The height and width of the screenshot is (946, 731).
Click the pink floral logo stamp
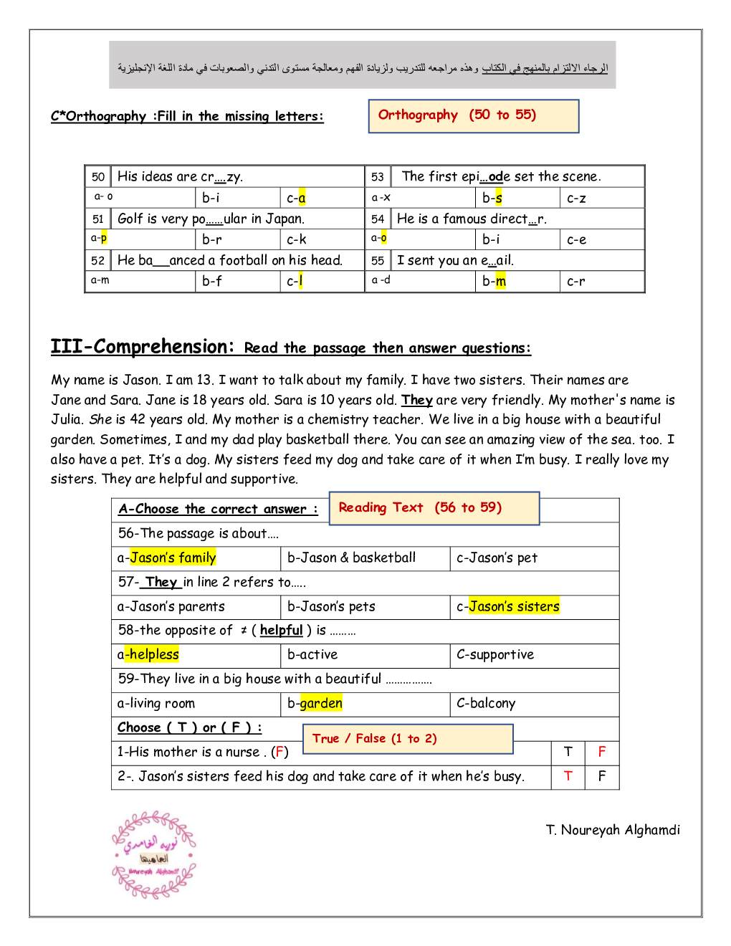tap(153, 854)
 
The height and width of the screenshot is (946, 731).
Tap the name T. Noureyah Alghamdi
tap(613, 830)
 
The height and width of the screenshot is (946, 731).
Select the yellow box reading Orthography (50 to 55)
tap(473, 116)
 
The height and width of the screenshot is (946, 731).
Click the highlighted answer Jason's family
tap(173, 558)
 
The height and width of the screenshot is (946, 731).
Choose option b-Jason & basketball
tap(351, 558)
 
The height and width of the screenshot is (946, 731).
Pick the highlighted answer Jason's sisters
tap(514, 606)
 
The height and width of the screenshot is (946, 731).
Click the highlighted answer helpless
tap(153, 654)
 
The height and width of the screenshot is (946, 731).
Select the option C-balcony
tap(486, 703)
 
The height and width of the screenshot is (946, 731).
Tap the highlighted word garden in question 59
tap(321, 703)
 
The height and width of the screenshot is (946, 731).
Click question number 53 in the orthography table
tap(378, 177)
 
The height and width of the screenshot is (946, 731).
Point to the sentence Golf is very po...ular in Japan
tap(211, 219)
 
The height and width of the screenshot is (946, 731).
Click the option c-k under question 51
tap(296, 239)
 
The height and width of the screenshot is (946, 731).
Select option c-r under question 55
tap(575, 281)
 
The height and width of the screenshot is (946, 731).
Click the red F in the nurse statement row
tap(602, 752)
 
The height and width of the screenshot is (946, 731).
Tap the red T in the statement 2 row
tap(568, 776)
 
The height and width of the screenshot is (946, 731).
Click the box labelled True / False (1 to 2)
tap(408, 739)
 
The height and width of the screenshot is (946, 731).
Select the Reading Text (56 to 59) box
tap(434, 508)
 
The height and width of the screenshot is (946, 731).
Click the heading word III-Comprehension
tap(142, 347)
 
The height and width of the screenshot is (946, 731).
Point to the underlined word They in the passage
tap(416, 400)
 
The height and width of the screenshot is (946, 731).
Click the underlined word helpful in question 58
tap(281, 630)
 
